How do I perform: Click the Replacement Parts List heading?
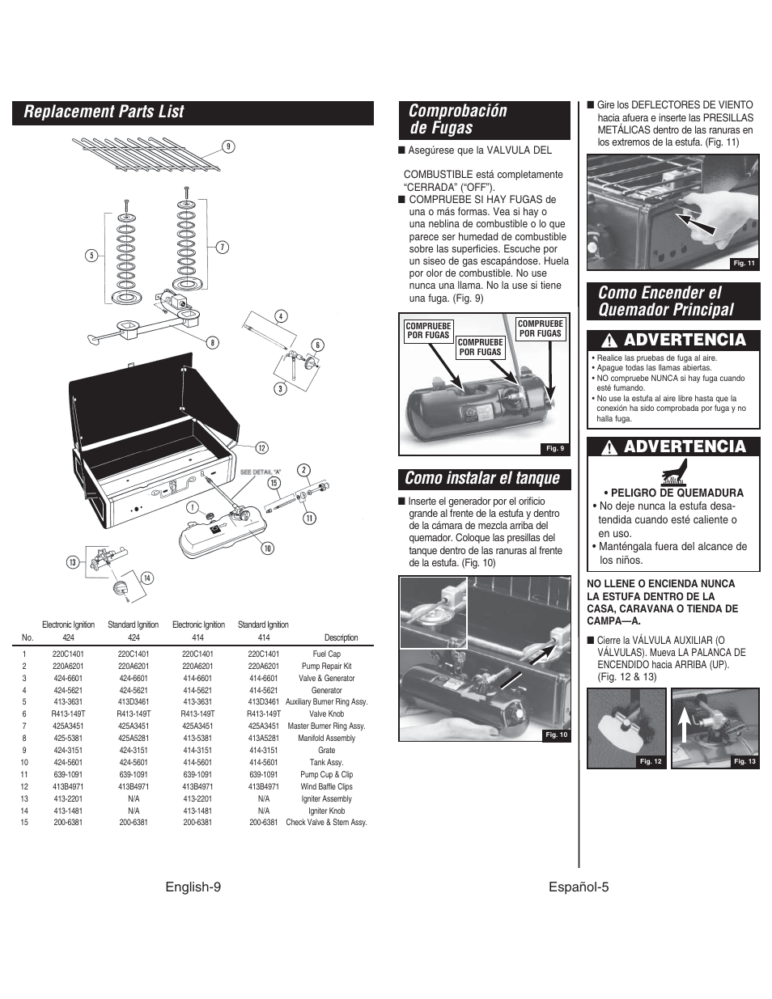point(104,112)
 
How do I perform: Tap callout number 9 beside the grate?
point(229,146)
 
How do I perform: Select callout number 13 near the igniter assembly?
point(72,562)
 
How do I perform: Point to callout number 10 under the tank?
point(267,548)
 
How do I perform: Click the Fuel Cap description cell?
point(326,654)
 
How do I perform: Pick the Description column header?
point(341,637)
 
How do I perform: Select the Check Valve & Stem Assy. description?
point(326,823)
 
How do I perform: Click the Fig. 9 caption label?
point(554,448)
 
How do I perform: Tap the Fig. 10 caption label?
point(557,734)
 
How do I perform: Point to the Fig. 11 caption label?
point(743,263)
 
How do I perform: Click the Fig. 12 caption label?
point(651,761)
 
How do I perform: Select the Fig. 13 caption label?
point(744,761)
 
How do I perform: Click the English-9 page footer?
point(193,887)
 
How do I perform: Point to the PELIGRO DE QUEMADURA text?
point(672,493)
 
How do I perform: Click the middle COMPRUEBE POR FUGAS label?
point(480,347)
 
